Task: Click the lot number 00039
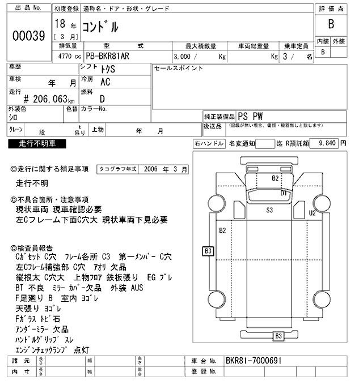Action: pyautogui.click(x=28, y=35)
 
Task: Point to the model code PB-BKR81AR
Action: pyautogui.click(x=109, y=57)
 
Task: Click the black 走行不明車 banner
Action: pyautogui.click(x=37, y=144)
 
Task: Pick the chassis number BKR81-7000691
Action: pyautogui.click(x=253, y=361)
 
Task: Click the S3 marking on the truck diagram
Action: pyautogui.click(x=270, y=210)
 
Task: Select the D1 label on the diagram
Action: pyautogui.click(x=284, y=193)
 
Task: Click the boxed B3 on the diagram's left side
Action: pyautogui.click(x=208, y=250)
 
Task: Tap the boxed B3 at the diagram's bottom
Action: pyautogui.click(x=278, y=336)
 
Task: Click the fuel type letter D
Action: pyautogui.click(x=103, y=98)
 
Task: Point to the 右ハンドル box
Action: pyautogui.click(x=208, y=144)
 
